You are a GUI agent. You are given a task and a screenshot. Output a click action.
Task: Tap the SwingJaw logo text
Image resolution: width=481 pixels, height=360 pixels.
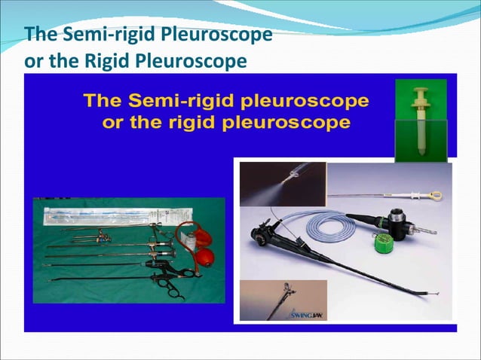pos(309,313)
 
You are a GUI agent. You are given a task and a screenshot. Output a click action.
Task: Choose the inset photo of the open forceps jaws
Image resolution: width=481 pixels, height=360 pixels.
pos(283,300)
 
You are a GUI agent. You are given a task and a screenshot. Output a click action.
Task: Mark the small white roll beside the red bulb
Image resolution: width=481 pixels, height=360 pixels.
pos(195,243)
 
